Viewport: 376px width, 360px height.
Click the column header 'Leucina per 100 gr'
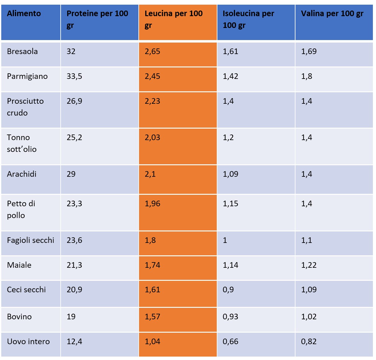pos(174,19)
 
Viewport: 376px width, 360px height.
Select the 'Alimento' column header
pos(24,14)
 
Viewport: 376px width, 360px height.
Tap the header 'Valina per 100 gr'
pos(332,14)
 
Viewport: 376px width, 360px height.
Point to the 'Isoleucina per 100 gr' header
pos(248,19)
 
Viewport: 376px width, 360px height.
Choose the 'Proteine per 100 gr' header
pos(97,19)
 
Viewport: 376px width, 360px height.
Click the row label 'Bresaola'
pos(22,52)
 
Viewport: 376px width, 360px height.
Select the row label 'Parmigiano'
pos(27,76)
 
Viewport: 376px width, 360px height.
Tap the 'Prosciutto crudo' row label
pos(25,107)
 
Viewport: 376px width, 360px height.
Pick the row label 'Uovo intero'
pos(28,342)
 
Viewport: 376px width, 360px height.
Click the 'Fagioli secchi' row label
pos(30,240)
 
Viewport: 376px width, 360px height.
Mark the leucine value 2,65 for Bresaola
pos(152,52)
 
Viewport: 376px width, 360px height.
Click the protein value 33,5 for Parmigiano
pos(74,76)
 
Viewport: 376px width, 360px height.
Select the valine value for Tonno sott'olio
pos(306,138)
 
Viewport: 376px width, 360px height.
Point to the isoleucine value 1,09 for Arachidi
pos(230,174)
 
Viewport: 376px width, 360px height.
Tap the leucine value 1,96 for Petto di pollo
pos(152,204)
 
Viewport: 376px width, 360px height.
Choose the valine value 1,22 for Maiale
pos(309,265)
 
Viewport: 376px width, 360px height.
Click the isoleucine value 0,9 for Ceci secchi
pos(228,290)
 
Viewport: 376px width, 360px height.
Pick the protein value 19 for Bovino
pos(71,317)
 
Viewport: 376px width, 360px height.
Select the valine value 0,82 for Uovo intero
pos(309,342)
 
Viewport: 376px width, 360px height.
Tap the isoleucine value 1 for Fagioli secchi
pos(225,240)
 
